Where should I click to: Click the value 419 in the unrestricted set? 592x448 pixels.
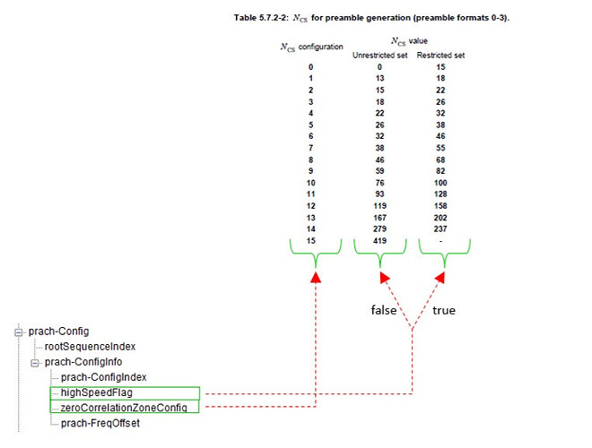click(x=379, y=241)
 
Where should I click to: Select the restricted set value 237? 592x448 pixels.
click(x=440, y=228)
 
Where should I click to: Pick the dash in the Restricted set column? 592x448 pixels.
click(x=440, y=241)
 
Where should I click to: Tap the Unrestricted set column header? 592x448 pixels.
click(x=379, y=55)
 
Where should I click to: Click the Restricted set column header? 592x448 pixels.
click(x=440, y=55)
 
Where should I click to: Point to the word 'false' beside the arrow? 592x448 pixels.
click(x=384, y=310)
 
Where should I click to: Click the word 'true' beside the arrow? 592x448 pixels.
click(x=444, y=310)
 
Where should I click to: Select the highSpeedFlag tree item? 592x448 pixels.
click(x=97, y=392)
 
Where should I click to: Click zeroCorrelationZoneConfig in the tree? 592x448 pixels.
click(x=124, y=408)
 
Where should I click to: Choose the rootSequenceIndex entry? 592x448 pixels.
click(x=90, y=346)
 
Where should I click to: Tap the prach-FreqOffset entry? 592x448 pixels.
click(x=100, y=423)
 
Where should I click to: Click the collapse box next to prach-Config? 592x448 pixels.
click(x=19, y=332)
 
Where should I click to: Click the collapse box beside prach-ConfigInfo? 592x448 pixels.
click(x=35, y=363)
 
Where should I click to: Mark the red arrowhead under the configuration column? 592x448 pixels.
click(x=316, y=277)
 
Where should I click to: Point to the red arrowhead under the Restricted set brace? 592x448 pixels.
click(x=440, y=278)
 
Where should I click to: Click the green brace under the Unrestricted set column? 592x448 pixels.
click(x=380, y=253)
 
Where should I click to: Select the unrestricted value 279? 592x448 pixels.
click(x=379, y=228)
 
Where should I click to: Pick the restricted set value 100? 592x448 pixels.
click(x=440, y=183)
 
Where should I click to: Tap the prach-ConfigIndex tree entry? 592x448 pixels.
click(x=103, y=377)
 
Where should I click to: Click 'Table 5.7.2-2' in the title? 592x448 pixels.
click(x=261, y=18)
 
